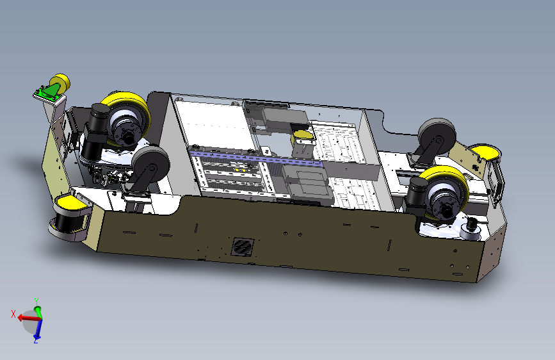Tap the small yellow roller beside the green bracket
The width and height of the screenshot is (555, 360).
pyautogui.click(x=61, y=83)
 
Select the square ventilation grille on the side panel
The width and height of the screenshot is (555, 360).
pyautogui.click(x=243, y=247)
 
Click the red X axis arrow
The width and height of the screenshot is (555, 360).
pyautogui.click(x=29, y=318)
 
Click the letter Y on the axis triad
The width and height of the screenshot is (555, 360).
pyautogui.click(x=36, y=301)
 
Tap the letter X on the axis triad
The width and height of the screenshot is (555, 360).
pyautogui.click(x=13, y=314)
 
